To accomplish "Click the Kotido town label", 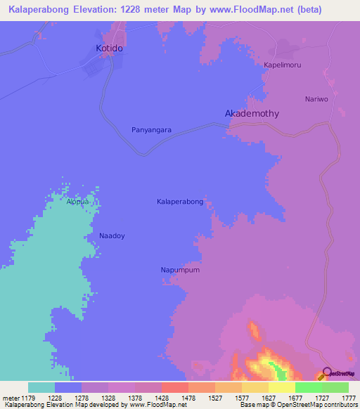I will click(x=109, y=48).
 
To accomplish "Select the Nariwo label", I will click(x=316, y=99).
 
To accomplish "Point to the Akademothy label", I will click(x=251, y=113).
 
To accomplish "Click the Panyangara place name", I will click(x=152, y=130).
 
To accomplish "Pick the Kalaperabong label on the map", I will click(x=180, y=202).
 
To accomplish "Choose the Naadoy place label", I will click(x=112, y=236).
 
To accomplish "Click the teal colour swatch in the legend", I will click(x=41, y=387).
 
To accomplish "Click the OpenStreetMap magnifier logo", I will click(x=327, y=373).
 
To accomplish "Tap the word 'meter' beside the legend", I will click(x=11, y=397).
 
